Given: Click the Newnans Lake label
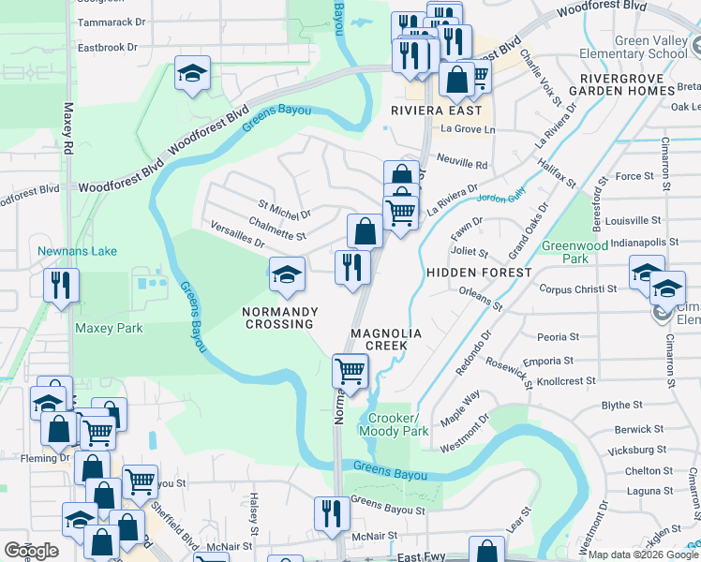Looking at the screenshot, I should pyautogui.click(x=64, y=251).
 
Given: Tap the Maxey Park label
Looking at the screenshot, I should pyautogui.click(x=109, y=329).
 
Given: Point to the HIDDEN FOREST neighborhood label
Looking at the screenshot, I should pyautogui.click(x=479, y=272).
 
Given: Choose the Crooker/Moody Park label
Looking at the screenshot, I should pyautogui.click(x=398, y=424).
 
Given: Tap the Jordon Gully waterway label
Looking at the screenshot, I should pyautogui.click(x=498, y=199).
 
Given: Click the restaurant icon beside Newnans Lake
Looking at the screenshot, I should pyautogui.click(x=62, y=284).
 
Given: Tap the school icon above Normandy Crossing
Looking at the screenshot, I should pyautogui.click(x=287, y=274).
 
